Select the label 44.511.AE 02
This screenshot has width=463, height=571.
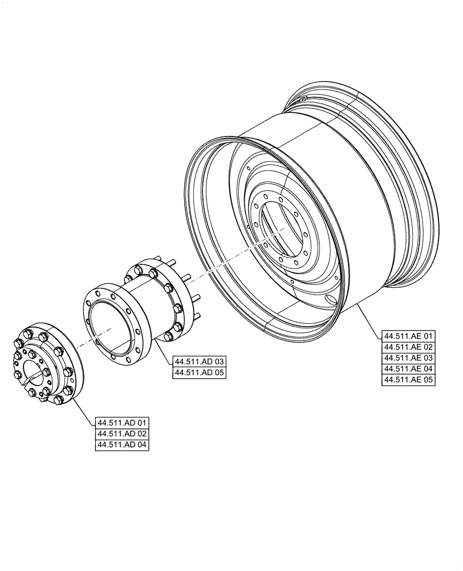tap(409, 347)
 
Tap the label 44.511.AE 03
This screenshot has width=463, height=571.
tap(409, 357)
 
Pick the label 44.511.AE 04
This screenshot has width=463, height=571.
tap(409, 369)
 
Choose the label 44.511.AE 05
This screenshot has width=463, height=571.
tap(409, 380)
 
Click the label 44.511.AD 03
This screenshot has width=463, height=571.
tap(200, 361)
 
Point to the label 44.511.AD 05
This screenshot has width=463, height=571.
tap(200, 373)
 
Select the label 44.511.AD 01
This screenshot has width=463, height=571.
tap(123, 423)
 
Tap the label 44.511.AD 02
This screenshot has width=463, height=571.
tap(123, 434)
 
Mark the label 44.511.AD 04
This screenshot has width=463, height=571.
tap(123, 445)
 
